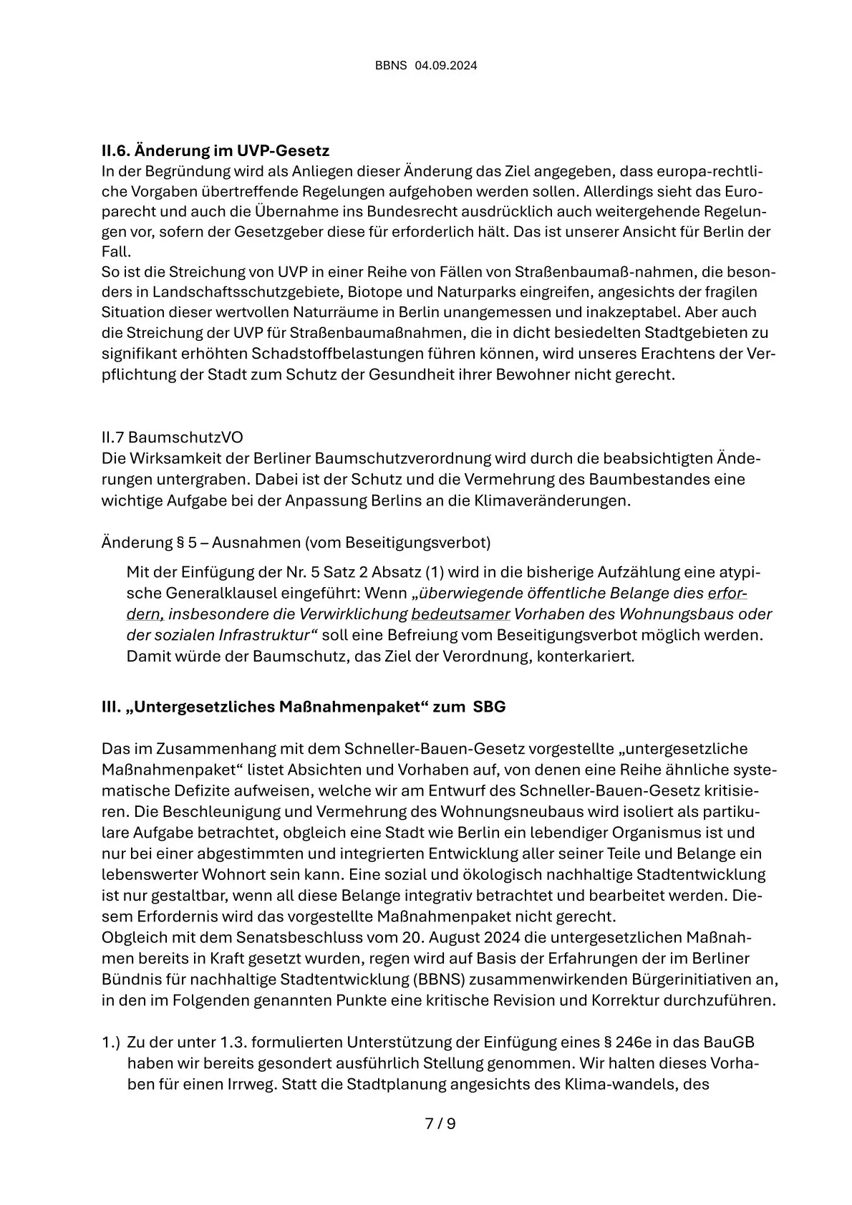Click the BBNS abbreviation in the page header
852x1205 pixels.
(x=391, y=66)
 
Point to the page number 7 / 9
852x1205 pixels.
(x=440, y=1123)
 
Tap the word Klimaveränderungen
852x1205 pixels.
(x=552, y=500)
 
